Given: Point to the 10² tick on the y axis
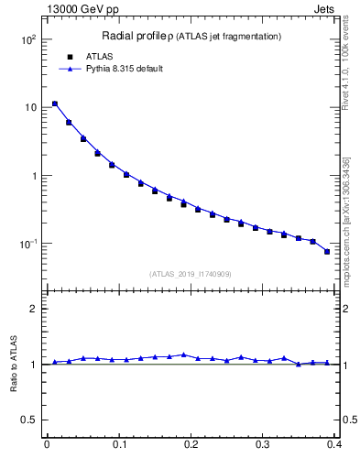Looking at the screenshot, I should pyautogui.click(x=27, y=40).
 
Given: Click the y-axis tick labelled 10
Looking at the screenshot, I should pyautogui.click(x=29, y=108).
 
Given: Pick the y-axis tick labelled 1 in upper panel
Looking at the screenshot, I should pyautogui.click(x=33, y=176).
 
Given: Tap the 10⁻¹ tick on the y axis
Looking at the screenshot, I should pyautogui.click(x=27, y=244).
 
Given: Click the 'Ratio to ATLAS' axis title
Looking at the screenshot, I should pyautogui.click(x=14, y=365).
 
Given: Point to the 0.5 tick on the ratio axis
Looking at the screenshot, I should pyautogui.click(x=29, y=420).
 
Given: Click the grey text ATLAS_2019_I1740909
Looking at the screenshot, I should pyautogui.click(x=191, y=273).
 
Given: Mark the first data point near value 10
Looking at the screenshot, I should pyautogui.click(x=54, y=104).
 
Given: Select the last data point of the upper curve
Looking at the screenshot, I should pyautogui.click(x=327, y=252).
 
